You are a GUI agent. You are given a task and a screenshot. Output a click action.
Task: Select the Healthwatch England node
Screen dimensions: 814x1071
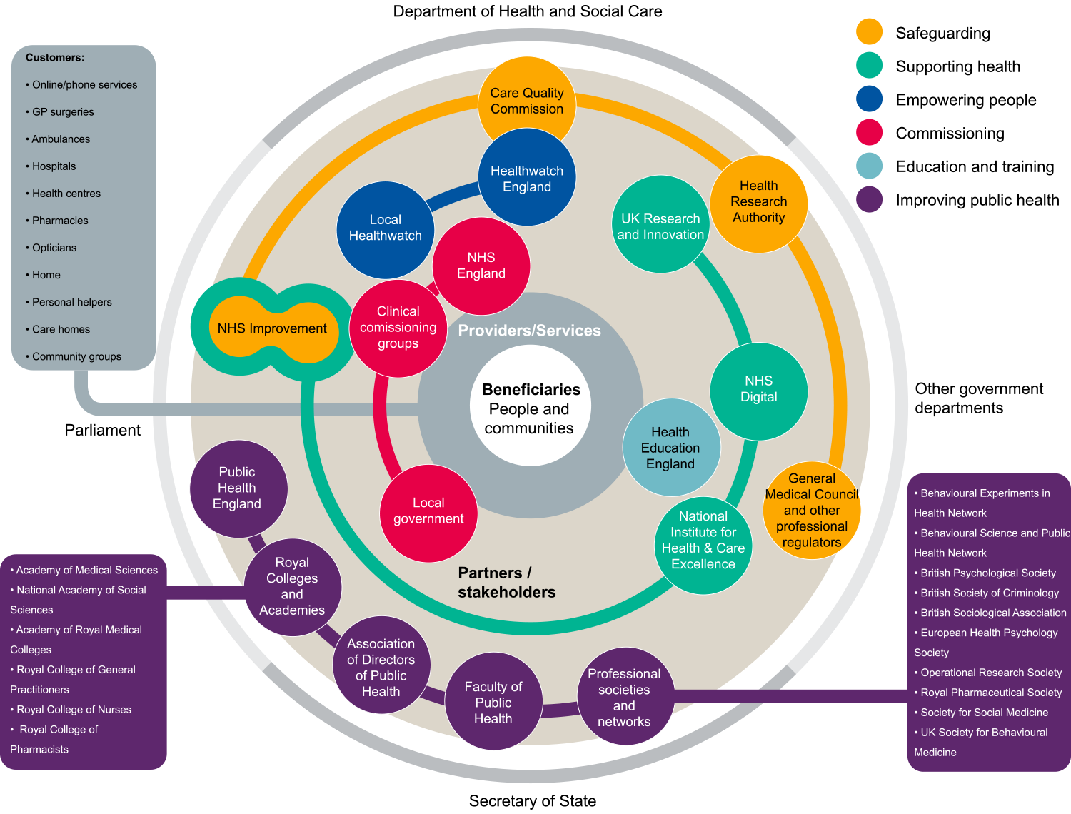point(527,178)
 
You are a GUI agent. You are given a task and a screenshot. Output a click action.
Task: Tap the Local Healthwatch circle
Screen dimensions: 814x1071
point(385,228)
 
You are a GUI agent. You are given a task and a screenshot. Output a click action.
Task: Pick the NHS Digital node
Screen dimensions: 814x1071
point(758,390)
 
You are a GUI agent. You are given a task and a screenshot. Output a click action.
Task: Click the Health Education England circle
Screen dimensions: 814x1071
point(670,448)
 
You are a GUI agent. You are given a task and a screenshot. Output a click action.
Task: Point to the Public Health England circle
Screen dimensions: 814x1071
point(238,488)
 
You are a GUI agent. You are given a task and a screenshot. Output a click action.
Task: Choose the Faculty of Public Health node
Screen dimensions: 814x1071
point(493,702)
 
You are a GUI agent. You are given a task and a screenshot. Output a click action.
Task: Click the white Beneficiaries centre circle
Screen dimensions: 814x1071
point(530,408)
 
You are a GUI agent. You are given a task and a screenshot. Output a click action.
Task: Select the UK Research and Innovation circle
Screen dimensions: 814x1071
point(660,225)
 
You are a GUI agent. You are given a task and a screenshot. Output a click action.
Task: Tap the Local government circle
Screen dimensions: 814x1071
point(428,512)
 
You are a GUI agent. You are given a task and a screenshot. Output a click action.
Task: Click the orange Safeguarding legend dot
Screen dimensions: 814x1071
point(869,32)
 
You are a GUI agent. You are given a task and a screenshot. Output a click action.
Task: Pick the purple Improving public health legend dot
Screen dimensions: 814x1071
point(869,200)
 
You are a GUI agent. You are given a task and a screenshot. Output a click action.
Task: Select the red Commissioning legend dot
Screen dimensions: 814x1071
point(869,133)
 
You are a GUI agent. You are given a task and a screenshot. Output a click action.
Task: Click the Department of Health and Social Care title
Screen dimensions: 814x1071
point(528,11)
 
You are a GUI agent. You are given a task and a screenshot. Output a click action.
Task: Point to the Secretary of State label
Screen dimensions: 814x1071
point(532,801)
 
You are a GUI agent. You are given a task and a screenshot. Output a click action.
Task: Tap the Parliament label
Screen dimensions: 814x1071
point(103,430)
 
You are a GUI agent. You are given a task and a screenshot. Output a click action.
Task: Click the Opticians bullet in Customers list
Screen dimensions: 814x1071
point(54,248)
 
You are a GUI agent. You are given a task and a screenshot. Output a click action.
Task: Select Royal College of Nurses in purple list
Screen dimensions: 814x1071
point(74,710)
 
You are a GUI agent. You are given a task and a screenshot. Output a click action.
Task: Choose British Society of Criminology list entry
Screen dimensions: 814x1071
point(990,593)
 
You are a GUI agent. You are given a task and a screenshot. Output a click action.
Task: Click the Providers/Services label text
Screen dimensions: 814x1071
point(529,331)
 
